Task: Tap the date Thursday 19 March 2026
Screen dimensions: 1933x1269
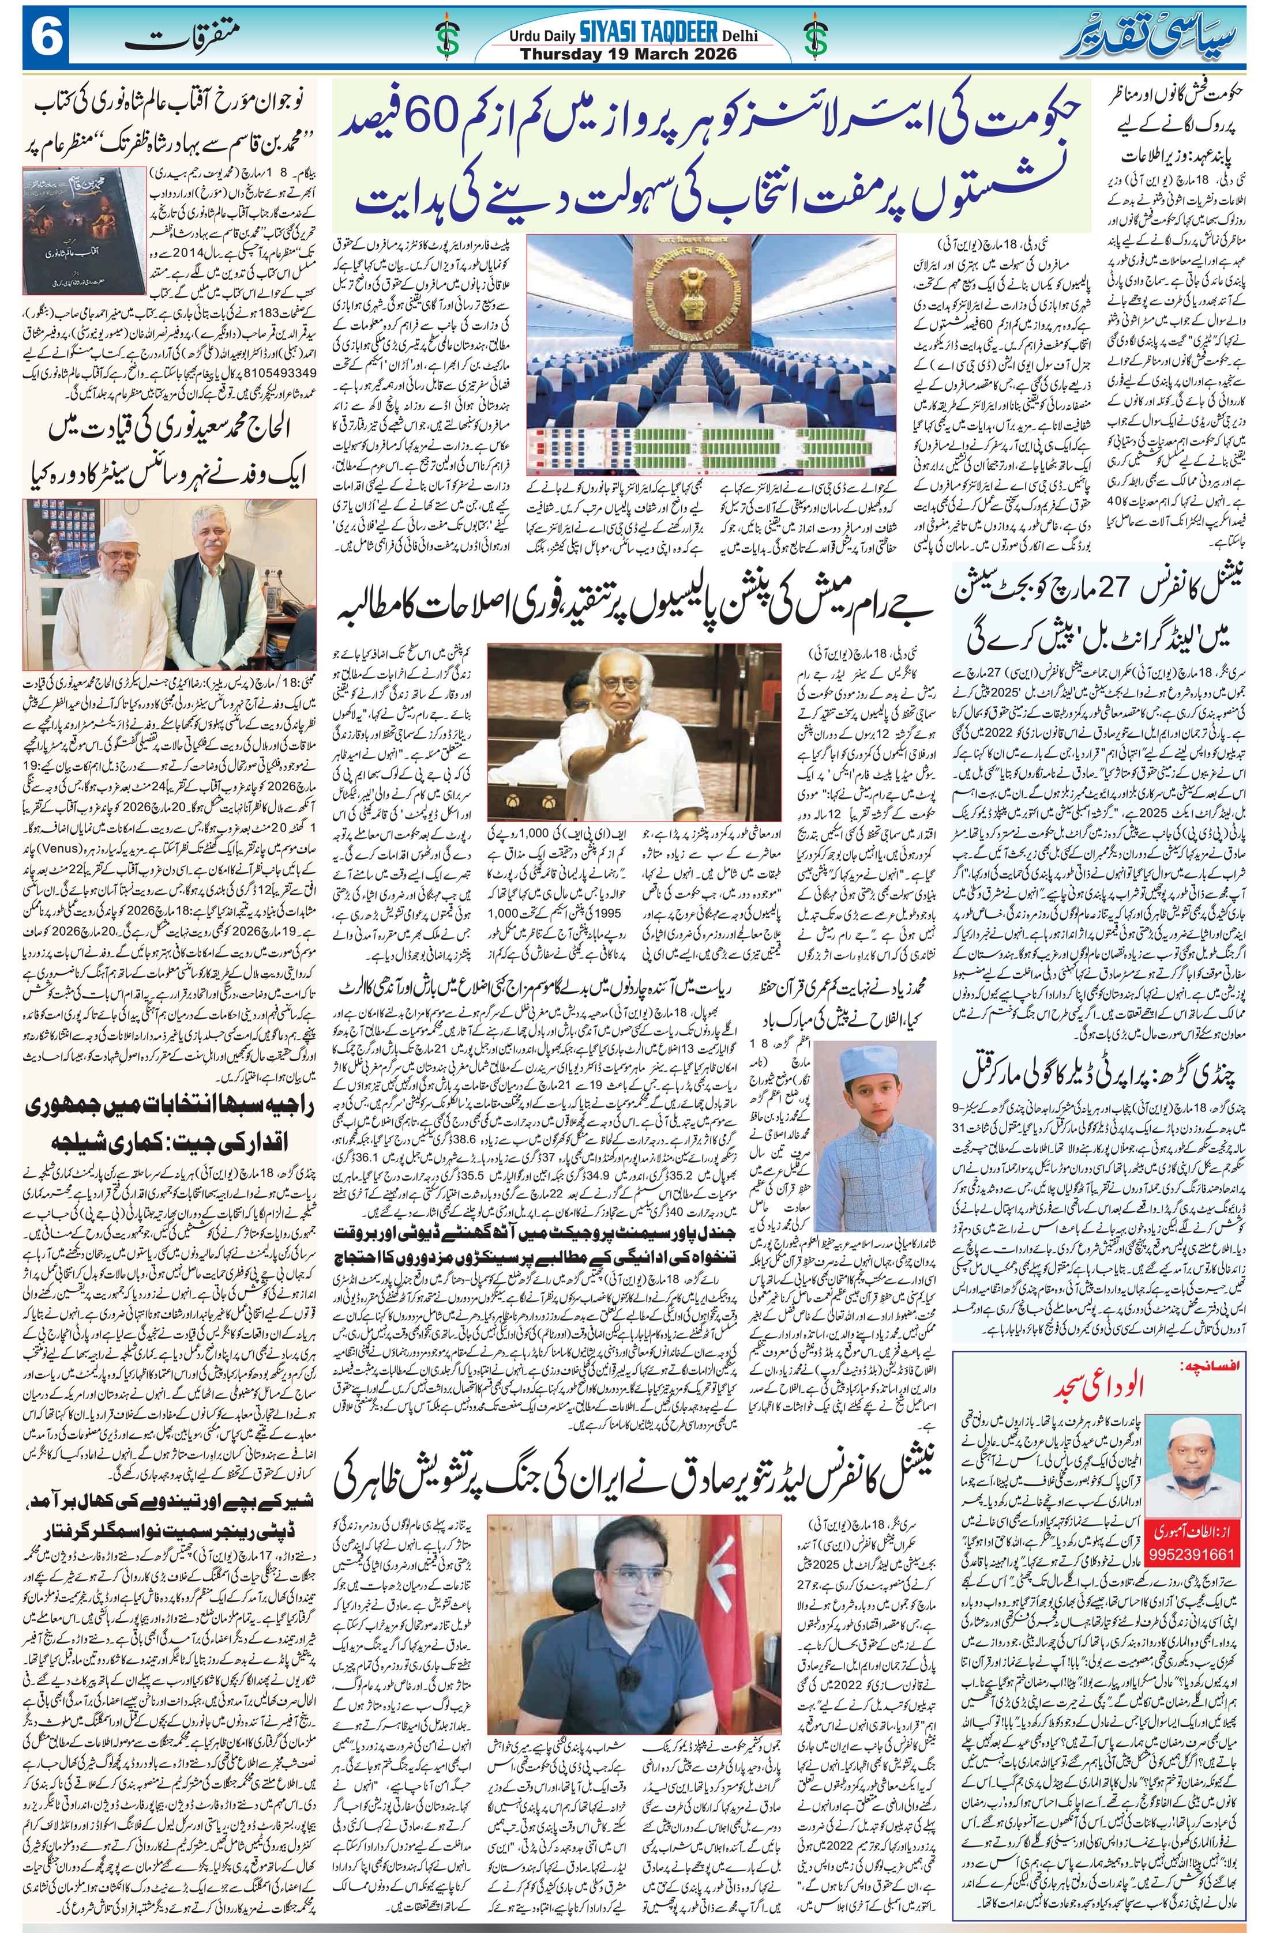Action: tap(628, 54)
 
